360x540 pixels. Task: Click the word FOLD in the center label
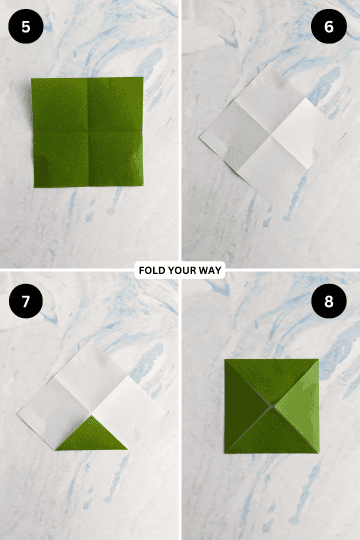pyautogui.click(x=152, y=270)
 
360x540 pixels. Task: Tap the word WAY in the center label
pyautogui.click(x=211, y=270)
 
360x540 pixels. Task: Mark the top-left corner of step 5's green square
pyautogui.click(x=32, y=79)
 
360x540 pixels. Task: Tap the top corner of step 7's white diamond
pyautogui.click(x=91, y=343)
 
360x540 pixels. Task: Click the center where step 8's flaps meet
pyautogui.click(x=272, y=407)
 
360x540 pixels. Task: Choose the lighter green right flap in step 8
pyautogui.click(x=298, y=405)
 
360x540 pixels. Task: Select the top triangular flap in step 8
pyautogui.click(x=272, y=380)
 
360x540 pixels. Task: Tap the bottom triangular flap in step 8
pyautogui.click(x=271, y=433)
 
